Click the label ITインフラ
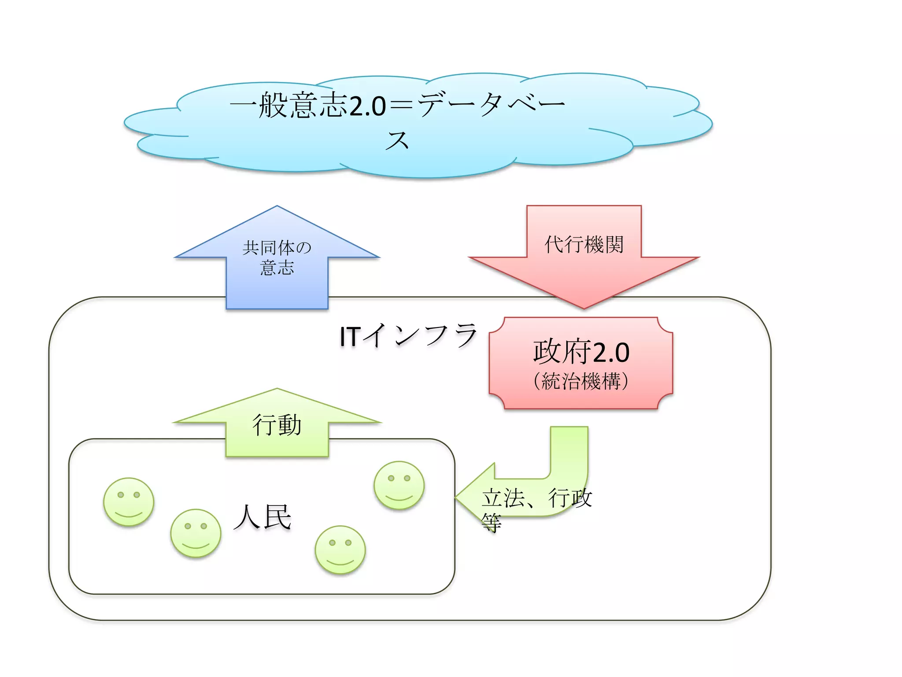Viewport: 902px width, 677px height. pyautogui.click(x=408, y=336)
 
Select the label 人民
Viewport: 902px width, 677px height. pyautogui.click(x=262, y=517)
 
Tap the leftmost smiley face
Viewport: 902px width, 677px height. pyautogui.click(x=129, y=502)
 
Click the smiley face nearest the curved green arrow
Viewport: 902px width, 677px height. pyautogui.click(x=399, y=485)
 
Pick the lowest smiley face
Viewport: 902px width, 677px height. pyautogui.click(x=340, y=550)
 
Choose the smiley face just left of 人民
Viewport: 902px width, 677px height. pyautogui.click(x=196, y=533)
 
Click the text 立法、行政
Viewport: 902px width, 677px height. pyautogui.click(x=537, y=498)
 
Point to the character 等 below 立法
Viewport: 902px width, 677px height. pyautogui.click(x=492, y=523)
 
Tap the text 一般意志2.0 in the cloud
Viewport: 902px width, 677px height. pyautogui.click(x=307, y=106)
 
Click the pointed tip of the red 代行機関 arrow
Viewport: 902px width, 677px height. pyautogui.click(x=584, y=307)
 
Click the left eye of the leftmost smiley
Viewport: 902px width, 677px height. pyautogui.click(x=121, y=495)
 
